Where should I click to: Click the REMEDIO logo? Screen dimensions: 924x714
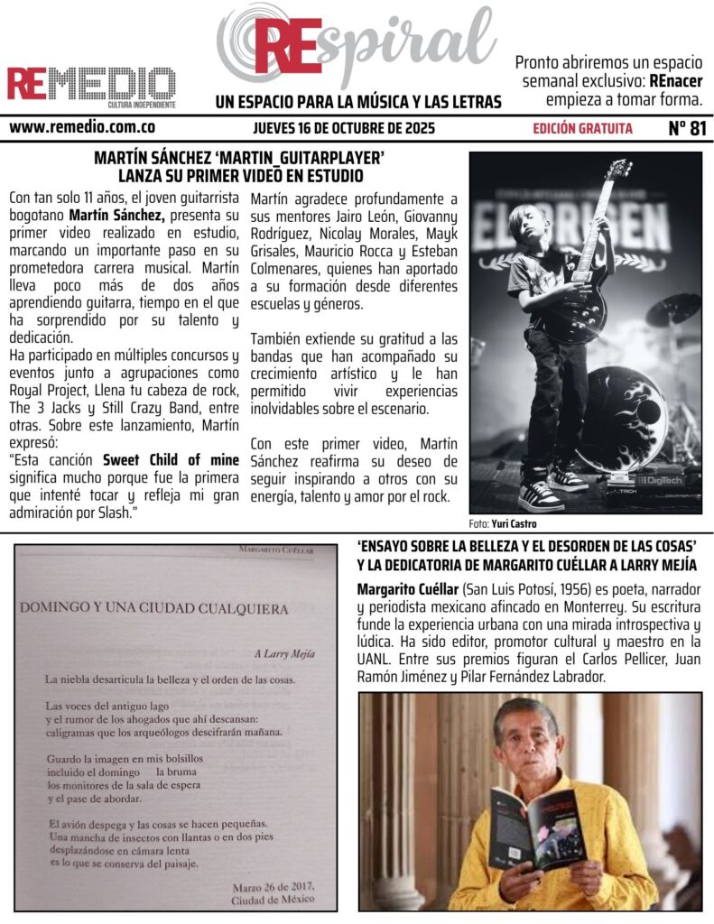(x=91, y=85)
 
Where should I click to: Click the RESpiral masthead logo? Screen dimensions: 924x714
(x=357, y=45)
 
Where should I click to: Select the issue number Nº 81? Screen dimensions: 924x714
(x=687, y=128)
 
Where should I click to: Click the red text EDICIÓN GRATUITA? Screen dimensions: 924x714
(x=582, y=128)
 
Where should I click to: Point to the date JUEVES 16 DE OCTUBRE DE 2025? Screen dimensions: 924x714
(x=344, y=128)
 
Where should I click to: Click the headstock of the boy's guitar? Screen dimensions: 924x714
(x=617, y=170)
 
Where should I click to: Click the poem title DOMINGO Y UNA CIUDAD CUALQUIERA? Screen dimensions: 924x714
(x=153, y=609)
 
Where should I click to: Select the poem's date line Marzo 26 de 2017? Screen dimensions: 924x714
(x=271, y=886)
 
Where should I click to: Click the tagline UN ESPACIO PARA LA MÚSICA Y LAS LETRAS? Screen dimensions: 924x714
(x=358, y=102)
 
